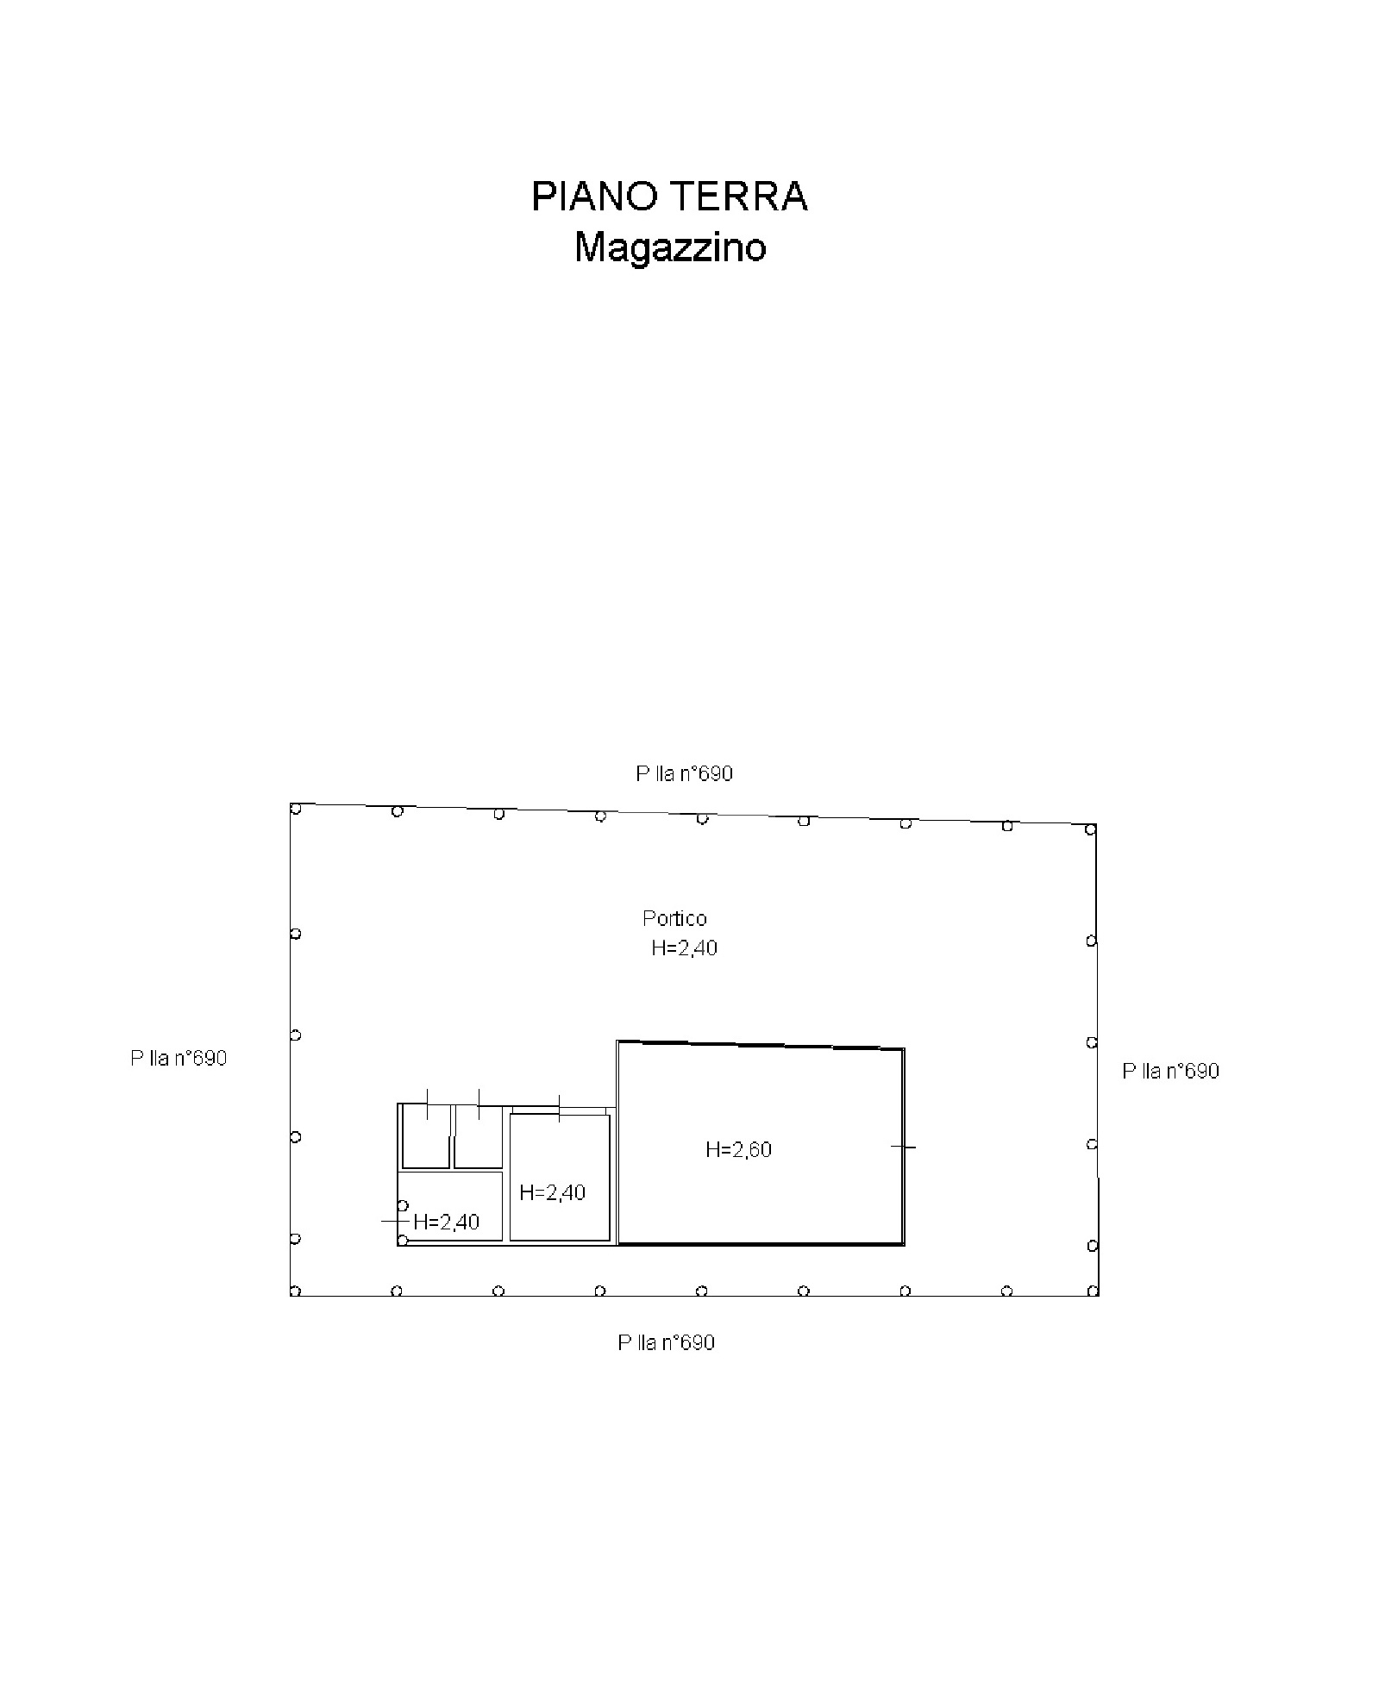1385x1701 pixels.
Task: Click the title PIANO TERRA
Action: coord(668,197)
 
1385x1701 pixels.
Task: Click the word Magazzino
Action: coord(670,247)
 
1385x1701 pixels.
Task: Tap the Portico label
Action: coord(674,918)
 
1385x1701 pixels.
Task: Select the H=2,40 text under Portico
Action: coord(684,948)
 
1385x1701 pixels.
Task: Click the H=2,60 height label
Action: coord(738,1149)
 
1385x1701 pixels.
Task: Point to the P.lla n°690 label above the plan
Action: coord(684,773)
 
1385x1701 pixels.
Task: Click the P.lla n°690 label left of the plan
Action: coord(179,1058)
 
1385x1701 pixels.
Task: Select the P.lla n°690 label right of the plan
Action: coord(1170,1071)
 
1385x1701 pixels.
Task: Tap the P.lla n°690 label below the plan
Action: coord(666,1342)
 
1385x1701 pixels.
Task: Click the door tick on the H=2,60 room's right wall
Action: coord(903,1147)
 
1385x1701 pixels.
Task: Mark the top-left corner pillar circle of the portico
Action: coord(295,809)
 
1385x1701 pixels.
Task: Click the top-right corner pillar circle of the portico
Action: coord(1090,829)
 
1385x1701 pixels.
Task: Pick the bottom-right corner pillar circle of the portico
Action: coord(1093,1291)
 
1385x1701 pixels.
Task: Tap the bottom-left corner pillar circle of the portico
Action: coord(295,1291)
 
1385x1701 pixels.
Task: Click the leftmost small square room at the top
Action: coord(426,1136)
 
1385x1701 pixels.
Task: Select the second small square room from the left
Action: coord(478,1136)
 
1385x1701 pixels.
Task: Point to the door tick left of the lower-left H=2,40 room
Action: coord(394,1221)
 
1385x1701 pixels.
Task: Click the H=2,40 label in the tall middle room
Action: coord(553,1192)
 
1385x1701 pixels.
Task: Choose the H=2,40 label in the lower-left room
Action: coord(447,1222)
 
